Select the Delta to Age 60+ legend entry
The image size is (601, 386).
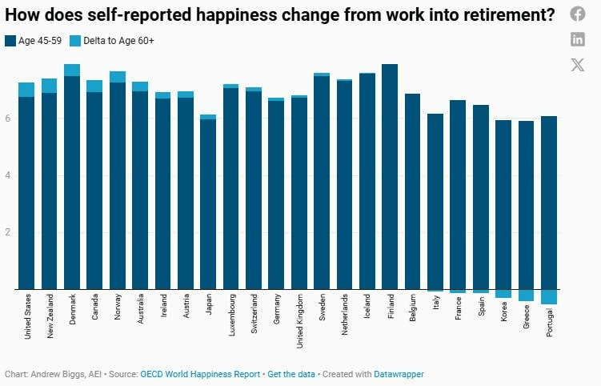111,40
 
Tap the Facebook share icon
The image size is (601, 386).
578,14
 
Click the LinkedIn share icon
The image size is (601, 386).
578,39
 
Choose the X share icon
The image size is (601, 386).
578,65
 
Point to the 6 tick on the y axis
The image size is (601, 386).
8,119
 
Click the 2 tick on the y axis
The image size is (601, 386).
8,232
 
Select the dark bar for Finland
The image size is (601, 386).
390,176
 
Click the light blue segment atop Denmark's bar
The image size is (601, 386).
72,70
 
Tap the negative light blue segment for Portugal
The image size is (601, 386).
549,296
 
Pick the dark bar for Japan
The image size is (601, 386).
208,204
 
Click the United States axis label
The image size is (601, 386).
27,316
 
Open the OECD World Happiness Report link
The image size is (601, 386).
200,374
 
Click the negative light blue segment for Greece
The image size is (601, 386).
526,295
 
